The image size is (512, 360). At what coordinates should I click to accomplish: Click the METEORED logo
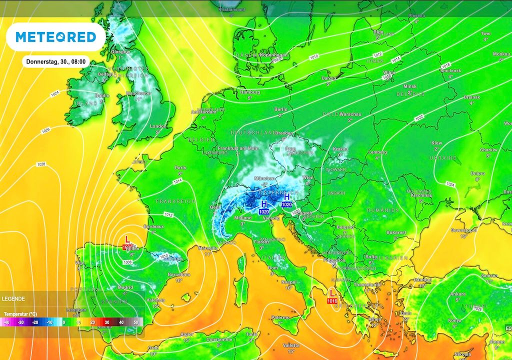55,37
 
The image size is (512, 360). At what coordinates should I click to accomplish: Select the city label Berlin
280,109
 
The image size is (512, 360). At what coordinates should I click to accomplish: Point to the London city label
157,126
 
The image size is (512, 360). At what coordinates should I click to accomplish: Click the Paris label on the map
180,168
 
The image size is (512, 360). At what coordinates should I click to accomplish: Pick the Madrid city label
125,287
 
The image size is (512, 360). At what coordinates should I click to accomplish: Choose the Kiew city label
436,143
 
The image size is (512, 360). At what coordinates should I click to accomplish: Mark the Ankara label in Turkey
458,294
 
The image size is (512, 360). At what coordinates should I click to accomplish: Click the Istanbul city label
422,279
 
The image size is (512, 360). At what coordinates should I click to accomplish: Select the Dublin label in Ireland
102,95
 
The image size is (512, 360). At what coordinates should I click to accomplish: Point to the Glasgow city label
120,51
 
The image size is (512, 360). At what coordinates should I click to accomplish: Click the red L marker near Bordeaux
127,239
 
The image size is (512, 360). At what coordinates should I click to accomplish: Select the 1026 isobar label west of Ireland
45,130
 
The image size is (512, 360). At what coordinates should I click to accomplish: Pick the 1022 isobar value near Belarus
419,118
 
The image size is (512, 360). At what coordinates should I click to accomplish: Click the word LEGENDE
13,298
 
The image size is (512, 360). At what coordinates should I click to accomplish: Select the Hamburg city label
249,92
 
